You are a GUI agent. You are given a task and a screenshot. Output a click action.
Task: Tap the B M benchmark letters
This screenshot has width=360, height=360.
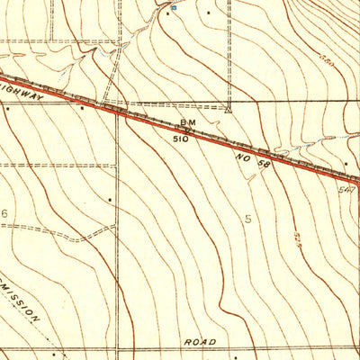(x=187, y=121)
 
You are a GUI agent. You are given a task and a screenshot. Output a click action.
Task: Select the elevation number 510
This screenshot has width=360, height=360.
(x=182, y=139)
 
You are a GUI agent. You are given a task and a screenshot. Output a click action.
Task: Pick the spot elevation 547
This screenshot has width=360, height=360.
(x=346, y=190)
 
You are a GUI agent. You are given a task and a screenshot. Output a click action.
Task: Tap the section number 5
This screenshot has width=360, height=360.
(x=248, y=219)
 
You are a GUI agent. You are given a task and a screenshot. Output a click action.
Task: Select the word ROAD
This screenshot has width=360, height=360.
(x=200, y=343)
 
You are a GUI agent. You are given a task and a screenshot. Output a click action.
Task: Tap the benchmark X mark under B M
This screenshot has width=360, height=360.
(x=187, y=130)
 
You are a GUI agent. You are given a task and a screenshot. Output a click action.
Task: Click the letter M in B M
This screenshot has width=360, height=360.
(x=193, y=121)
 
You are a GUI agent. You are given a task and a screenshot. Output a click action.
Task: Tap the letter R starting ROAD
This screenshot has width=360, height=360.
(x=186, y=343)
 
